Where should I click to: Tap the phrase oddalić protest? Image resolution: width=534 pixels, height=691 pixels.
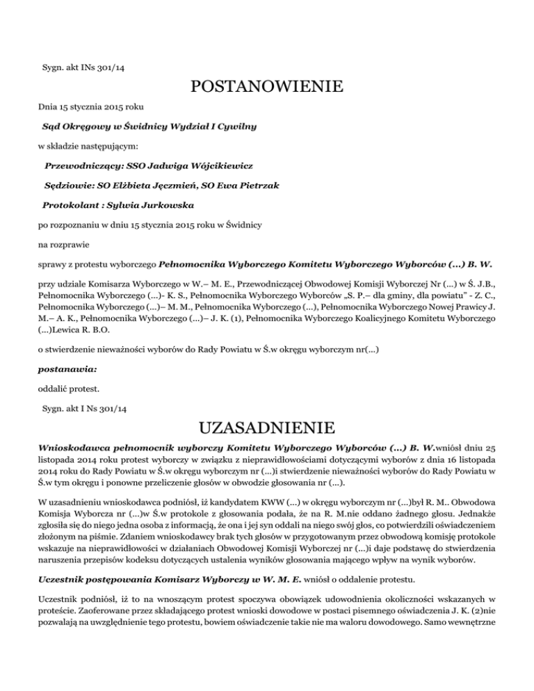tap(69, 382)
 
